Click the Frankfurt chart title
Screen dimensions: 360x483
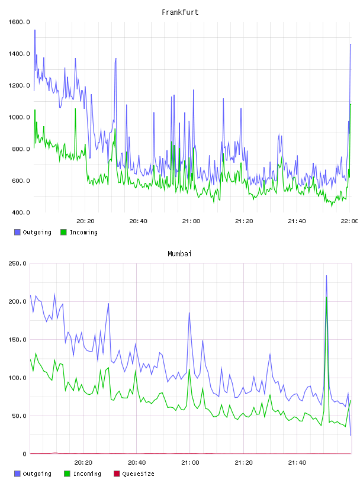coord(180,12)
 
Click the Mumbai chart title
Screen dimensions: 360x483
coord(179,254)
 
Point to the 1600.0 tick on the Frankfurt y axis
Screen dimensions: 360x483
coord(19,22)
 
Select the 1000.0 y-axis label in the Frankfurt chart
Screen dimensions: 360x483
coord(19,117)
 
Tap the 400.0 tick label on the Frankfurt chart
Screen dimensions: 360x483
coord(21,212)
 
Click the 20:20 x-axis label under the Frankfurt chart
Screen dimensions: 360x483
coord(85,221)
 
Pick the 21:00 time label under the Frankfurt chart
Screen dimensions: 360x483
coord(191,221)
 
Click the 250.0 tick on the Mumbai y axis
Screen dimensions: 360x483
coord(17,263)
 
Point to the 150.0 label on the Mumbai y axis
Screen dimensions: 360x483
coord(17,340)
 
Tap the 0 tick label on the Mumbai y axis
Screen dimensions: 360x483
coord(25,454)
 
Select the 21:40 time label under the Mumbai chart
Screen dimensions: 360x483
coord(297,463)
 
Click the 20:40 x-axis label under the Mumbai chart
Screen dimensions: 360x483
coord(137,463)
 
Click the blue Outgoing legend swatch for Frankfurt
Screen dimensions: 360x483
coord(17,232)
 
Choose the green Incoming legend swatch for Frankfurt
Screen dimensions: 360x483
coord(63,232)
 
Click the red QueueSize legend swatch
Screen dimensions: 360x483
coord(117,474)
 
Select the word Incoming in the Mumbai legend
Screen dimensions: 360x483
coord(87,474)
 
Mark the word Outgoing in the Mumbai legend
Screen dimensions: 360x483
coord(37,474)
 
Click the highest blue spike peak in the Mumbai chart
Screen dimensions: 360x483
coord(326,276)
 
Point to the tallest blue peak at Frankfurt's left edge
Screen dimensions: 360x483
coord(35,30)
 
